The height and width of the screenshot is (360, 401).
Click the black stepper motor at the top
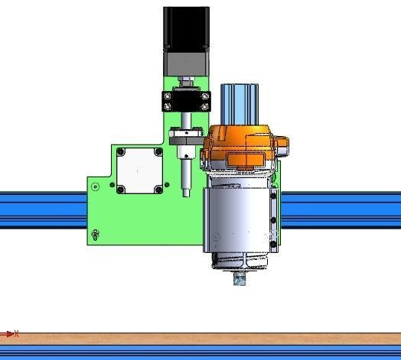point(186,29)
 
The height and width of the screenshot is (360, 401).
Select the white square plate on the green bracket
point(139,170)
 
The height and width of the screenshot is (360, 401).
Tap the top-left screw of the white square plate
point(121,153)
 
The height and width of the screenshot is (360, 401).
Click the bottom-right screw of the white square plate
point(158,187)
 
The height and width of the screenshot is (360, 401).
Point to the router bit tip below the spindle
point(240,280)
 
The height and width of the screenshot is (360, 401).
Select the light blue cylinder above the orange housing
point(241,103)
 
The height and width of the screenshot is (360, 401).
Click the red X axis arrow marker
point(10,334)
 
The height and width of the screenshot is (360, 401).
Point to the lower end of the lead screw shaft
point(186,190)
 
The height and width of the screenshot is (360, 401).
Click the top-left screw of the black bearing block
point(166,96)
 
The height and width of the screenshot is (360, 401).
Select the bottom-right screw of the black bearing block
point(204,107)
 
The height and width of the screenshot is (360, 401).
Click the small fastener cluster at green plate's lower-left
point(95,234)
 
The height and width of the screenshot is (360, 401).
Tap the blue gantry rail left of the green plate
point(42,209)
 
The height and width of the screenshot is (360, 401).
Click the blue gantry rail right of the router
point(341,209)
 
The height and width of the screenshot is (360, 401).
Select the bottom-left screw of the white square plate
point(121,187)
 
